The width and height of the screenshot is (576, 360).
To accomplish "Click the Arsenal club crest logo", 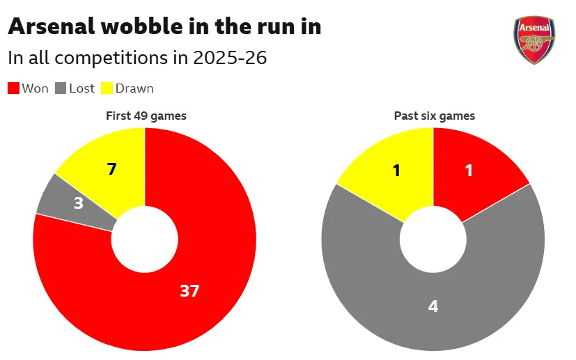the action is (534, 40).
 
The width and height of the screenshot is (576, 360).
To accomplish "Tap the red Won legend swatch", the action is (14, 88).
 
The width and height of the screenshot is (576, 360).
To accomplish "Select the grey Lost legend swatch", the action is (61, 88).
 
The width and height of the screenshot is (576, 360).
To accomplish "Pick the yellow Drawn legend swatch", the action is (107, 88).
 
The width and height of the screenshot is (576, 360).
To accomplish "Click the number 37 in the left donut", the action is (189, 291).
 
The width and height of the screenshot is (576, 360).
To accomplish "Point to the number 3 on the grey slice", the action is (79, 203).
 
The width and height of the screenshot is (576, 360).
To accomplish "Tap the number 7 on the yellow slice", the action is (111, 169).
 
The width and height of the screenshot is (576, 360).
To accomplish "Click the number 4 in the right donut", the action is (433, 306).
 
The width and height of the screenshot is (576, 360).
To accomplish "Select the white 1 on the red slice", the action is (469, 171).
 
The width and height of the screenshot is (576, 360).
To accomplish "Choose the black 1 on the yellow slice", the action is (396, 171).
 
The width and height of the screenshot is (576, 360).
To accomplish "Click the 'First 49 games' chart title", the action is (146, 116).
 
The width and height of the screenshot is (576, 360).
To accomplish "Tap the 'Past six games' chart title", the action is (435, 116).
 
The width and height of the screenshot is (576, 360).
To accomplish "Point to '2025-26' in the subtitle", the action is (230, 58).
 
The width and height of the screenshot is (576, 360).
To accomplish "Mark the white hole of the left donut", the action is (145, 240).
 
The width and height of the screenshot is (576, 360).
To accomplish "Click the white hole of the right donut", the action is (433, 240).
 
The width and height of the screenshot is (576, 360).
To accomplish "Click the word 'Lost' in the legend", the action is (81, 88).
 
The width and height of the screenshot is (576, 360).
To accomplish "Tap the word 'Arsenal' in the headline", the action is (52, 26).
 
